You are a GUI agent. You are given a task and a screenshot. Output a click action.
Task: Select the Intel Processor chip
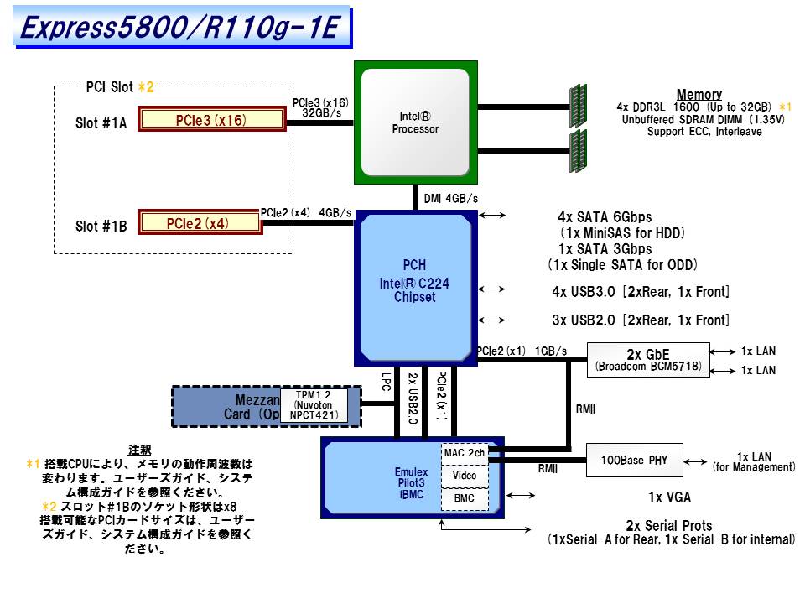tap(415, 122)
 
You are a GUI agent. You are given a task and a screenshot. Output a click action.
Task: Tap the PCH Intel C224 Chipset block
tap(415, 281)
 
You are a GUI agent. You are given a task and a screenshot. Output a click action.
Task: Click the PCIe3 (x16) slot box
tap(211, 120)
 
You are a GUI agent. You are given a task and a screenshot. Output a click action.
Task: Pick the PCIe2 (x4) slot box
tap(198, 223)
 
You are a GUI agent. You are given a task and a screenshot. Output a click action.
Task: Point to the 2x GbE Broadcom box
tap(648, 359)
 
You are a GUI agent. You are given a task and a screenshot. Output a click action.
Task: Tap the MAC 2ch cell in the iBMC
tap(464, 453)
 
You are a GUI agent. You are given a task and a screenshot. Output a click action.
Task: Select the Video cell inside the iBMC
tap(464, 476)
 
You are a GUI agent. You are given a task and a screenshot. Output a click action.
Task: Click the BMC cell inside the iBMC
tap(464, 498)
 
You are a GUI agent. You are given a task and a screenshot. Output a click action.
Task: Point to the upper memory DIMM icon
tap(577, 106)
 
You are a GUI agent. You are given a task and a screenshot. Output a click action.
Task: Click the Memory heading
tap(699, 95)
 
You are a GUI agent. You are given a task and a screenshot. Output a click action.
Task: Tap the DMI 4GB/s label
tap(451, 199)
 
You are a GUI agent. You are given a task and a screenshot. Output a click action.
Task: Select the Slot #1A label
tap(101, 122)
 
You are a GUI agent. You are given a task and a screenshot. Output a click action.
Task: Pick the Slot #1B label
tap(101, 226)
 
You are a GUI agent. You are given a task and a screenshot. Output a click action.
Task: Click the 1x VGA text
tap(670, 497)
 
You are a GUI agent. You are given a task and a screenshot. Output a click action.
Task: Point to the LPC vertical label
tap(386, 383)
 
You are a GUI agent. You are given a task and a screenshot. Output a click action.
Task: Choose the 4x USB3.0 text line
tap(640, 292)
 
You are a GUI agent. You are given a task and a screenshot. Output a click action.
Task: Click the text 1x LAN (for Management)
tap(753, 461)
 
